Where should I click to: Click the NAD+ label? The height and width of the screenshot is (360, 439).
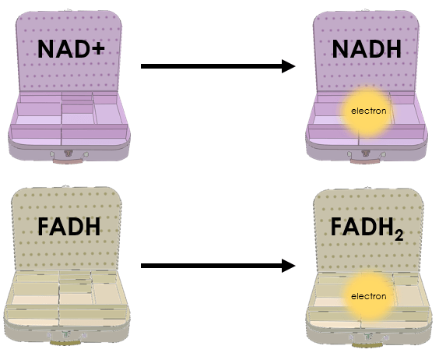click(x=71, y=49)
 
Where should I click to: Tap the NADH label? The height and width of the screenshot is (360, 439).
click(x=367, y=49)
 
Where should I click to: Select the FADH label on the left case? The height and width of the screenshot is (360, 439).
click(x=68, y=227)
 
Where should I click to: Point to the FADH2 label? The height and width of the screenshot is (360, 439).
click(x=367, y=228)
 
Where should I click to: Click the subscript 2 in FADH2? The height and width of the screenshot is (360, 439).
click(x=399, y=235)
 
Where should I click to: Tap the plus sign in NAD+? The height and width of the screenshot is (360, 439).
click(x=98, y=50)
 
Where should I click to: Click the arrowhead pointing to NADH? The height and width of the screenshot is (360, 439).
click(x=289, y=66)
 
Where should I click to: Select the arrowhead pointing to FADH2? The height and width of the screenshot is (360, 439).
click(x=289, y=266)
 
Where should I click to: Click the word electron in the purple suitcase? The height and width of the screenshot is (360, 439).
click(x=368, y=111)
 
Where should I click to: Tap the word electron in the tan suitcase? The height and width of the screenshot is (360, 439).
click(x=368, y=296)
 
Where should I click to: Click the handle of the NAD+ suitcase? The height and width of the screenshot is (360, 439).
click(x=67, y=161)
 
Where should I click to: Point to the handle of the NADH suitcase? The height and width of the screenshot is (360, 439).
click(x=364, y=161)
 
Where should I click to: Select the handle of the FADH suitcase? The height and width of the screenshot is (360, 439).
click(x=65, y=343)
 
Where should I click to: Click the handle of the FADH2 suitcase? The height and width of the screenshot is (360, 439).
click(x=367, y=344)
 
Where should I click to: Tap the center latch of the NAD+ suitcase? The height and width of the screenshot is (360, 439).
click(x=68, y=154)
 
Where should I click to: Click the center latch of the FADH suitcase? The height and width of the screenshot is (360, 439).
click(x=66, y=335)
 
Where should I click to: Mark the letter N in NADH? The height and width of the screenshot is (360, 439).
click(x=339, y=49)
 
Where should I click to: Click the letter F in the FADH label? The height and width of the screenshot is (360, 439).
click(x=43, y=227)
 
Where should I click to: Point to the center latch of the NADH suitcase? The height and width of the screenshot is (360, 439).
click(x=365, y=154)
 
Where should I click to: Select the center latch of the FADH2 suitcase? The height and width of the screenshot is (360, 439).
click(x=368, y=337)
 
